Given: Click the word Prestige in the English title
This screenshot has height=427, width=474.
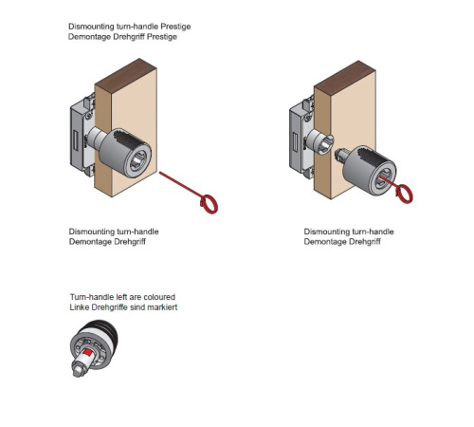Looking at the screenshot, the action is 175,27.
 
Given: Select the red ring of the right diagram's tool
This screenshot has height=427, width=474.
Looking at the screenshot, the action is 404,194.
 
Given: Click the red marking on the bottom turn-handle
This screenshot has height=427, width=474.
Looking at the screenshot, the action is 88,353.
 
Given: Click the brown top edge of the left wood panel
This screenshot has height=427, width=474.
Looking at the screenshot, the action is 126,76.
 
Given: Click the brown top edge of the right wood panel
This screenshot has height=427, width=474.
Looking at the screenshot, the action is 345,78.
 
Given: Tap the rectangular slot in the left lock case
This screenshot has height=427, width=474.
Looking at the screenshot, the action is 75,140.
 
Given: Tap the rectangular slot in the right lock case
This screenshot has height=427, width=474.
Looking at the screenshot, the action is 295,140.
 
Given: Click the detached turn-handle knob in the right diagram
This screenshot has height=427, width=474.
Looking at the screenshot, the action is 368,170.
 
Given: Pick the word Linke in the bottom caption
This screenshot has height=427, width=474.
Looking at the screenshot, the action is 79,307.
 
